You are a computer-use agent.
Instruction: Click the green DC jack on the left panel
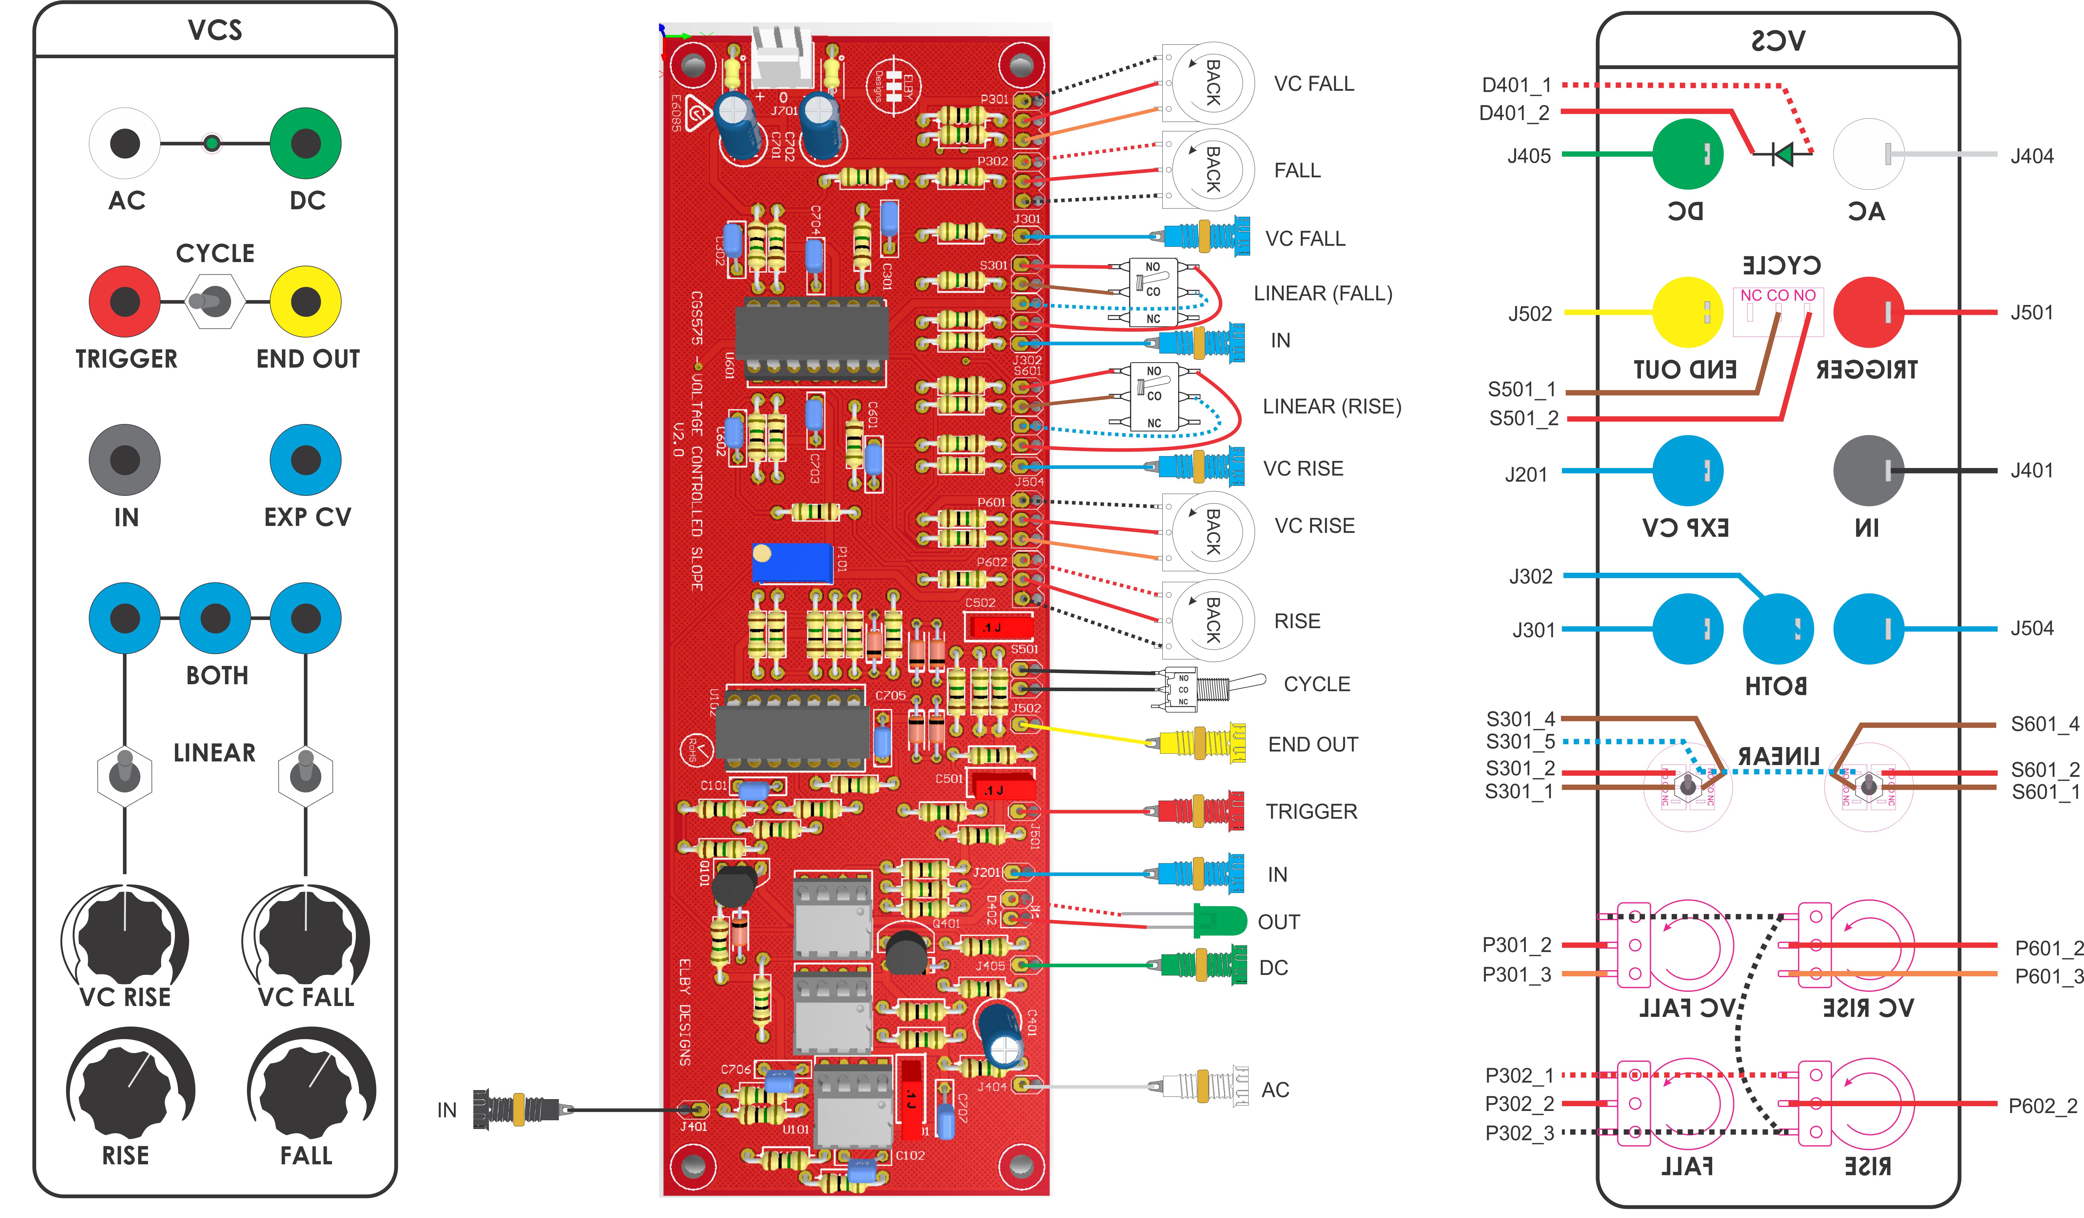pyautogui.click(x=305, y=143)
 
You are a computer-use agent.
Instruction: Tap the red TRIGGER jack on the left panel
pyautogui.click(x=125, y=302)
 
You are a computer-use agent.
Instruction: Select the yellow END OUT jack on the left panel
pyautogui.click(x=305, y=302)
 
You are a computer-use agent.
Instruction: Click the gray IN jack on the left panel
pyautogui.click(x=125, y=460)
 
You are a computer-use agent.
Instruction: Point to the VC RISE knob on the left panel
pyautogui.click(x=125, y=938)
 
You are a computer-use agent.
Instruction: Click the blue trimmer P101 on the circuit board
pyautogui.click(x=792, y=563)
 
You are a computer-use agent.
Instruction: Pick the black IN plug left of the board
pyautogui.click(x=517, y=1109)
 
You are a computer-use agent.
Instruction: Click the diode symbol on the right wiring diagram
pyautogui.click(x=1782, y=154)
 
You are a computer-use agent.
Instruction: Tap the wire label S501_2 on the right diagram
pyautogui.click(x=1523, y=418)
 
